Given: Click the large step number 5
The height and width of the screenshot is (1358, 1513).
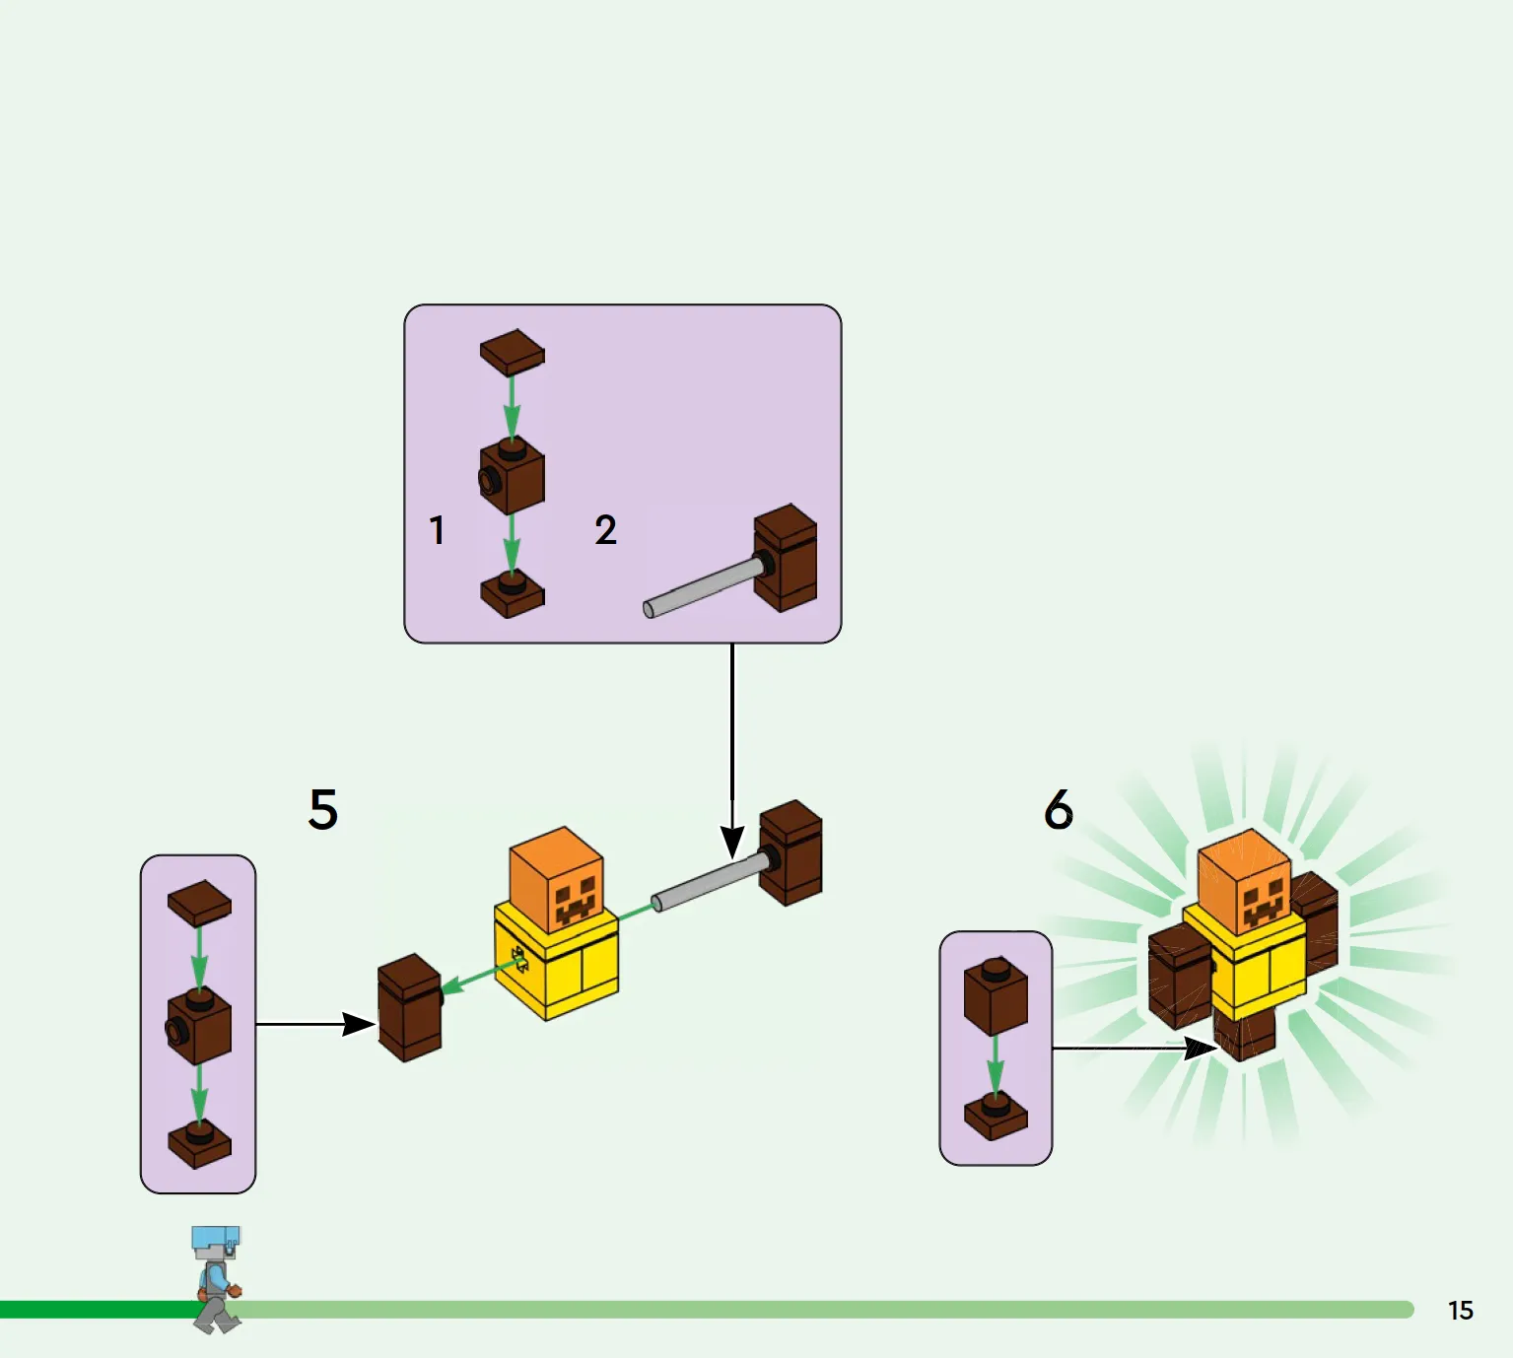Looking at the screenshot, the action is pos(323,809).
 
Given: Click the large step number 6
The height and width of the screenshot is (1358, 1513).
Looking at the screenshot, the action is pos(1059,809).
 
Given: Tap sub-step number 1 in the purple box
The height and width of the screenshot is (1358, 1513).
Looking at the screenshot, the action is pos(438,531).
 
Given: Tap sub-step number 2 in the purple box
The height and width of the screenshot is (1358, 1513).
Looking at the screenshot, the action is pos(605,530).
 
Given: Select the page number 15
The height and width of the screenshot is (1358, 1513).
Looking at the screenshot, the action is pos(1461,1311).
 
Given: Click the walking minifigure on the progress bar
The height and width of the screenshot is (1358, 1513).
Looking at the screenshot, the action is pos(217,1279).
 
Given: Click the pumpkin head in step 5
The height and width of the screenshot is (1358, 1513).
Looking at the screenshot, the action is pos(556,878).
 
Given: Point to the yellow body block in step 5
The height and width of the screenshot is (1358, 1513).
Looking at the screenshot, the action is pos(556,963).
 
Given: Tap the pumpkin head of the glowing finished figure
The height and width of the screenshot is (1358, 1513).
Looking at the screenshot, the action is pos(1245,881).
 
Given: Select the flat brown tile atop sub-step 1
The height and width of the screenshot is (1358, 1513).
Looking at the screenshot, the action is pos(513,353).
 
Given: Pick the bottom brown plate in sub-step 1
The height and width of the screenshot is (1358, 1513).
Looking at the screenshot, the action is pos(513,595).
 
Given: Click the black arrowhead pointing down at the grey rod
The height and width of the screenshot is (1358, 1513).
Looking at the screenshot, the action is pos(732,843).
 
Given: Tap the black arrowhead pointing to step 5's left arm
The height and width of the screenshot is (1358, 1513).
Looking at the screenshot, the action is pos(359,1024).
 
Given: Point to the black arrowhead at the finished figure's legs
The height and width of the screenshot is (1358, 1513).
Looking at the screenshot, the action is pos(1202,1049).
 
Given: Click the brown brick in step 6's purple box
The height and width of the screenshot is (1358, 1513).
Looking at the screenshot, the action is pos(996,996).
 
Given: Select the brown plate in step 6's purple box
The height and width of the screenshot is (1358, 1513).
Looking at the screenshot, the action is pos(996,1116).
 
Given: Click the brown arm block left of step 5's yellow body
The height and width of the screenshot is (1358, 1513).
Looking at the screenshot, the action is pos(410,1007).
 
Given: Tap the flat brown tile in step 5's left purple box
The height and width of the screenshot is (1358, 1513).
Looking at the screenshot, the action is pos(199,904).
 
